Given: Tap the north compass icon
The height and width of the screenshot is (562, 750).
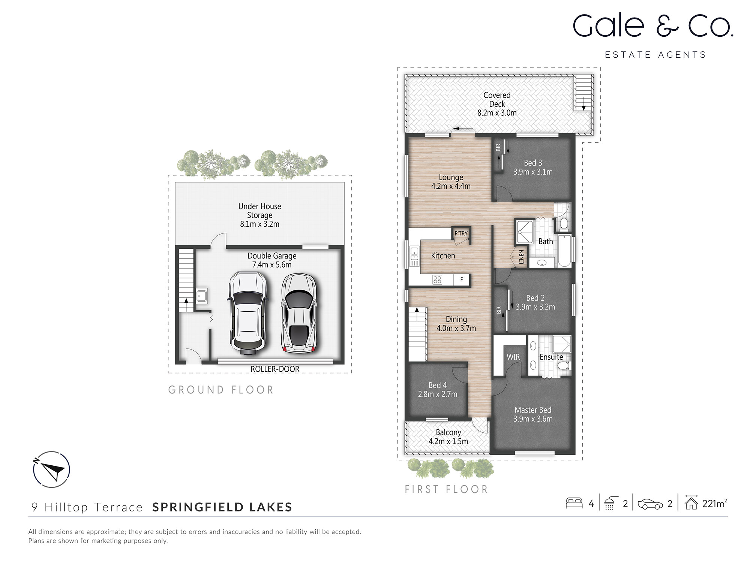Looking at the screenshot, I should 52,469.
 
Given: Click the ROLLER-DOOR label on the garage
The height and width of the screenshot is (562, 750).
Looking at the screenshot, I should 275,369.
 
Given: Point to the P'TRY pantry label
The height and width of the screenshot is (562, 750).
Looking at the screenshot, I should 461,233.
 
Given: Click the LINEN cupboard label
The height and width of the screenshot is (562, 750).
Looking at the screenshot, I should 521,257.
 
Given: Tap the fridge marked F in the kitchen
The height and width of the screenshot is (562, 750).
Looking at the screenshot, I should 461,280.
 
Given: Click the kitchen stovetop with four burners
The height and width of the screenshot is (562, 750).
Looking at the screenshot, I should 437,280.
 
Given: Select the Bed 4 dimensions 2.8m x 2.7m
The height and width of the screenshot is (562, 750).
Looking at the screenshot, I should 438,394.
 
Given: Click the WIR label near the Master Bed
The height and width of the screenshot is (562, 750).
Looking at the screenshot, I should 513,357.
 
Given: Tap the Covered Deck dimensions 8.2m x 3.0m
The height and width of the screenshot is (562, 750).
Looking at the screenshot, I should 497,113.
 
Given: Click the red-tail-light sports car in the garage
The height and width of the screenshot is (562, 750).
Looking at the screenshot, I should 299,313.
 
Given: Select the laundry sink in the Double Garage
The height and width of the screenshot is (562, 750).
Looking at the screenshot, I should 202,296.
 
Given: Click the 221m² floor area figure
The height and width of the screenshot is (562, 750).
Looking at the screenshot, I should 714,504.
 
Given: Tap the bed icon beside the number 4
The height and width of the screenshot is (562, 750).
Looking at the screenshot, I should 574,503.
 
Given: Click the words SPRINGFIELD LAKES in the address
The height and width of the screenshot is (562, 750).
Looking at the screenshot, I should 222,507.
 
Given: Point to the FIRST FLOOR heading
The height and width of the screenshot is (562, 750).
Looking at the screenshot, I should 446,489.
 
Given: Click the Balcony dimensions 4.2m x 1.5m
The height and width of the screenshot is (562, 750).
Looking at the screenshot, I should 448,441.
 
